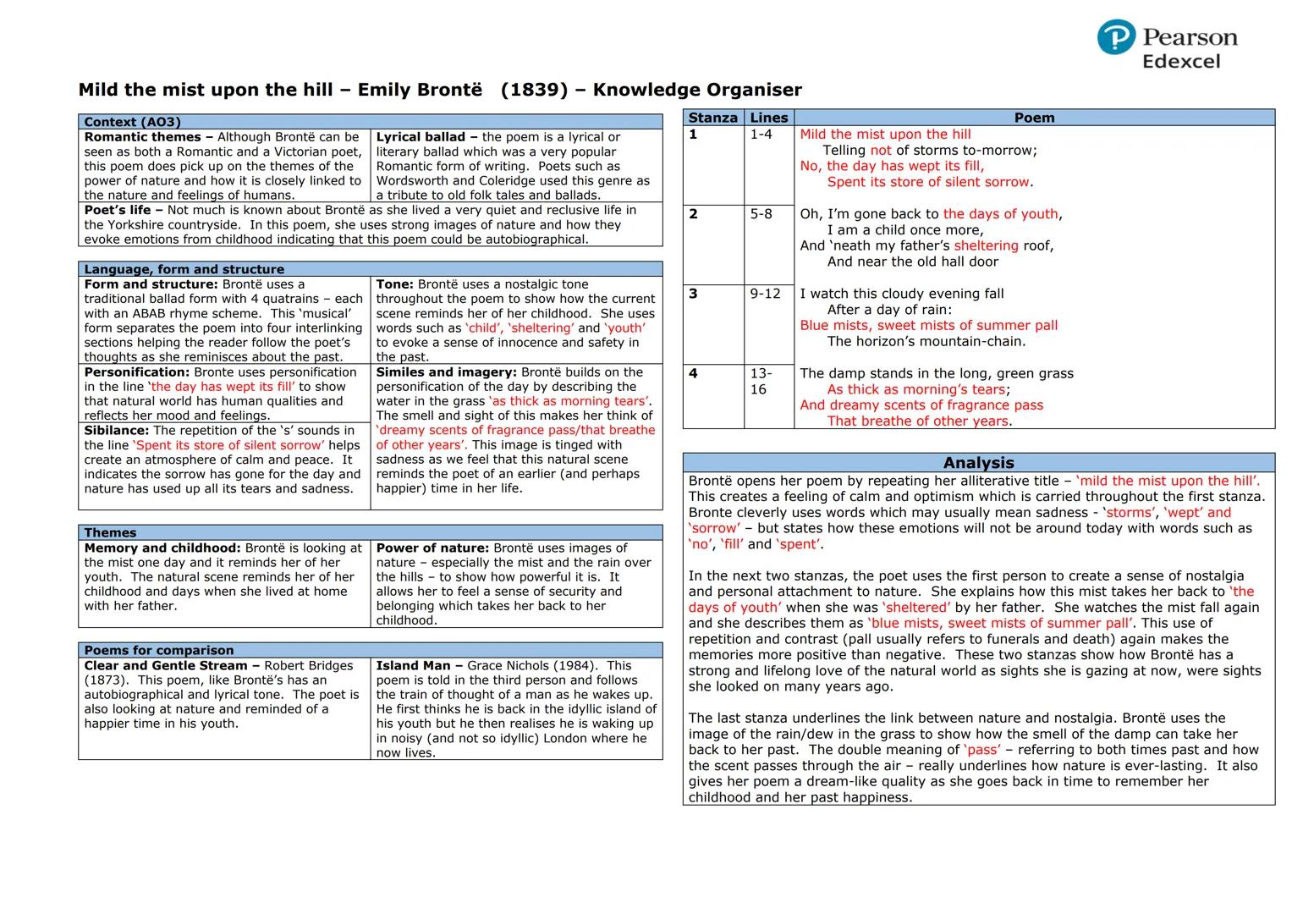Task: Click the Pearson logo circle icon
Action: click(1115, 38)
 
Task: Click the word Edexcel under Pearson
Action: click(1181, 62)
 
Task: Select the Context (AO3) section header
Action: click(132, 122)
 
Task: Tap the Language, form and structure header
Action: click(184, 269)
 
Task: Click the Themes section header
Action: click(110, 532)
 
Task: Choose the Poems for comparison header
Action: click(158, 650)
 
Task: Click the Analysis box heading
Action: click(978, 462)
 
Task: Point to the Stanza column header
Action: click(712, 118)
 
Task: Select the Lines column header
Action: click(768, 118)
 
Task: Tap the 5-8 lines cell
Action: click(761, 214)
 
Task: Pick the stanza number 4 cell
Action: click(693, 373)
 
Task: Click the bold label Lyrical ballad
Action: click(421, 137)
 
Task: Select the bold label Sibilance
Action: click(116, 431)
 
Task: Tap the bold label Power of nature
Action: click(432, 548)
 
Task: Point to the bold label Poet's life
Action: click(118, 210)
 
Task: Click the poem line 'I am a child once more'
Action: click(904, 230)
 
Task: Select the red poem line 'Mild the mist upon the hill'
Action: click(885, 135)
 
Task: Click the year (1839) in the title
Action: click(534, 90)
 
